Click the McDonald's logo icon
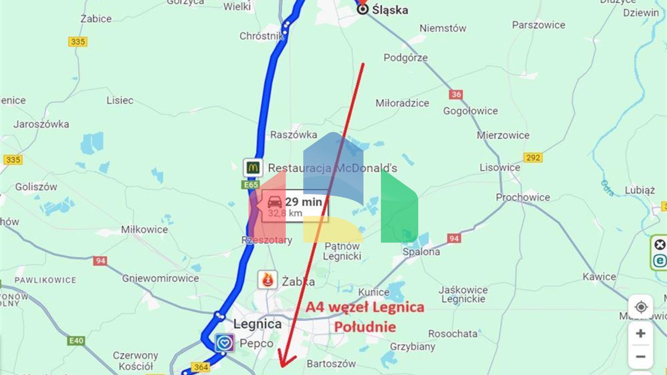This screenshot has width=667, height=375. point(253,168)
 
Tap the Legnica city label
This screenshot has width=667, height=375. point(258,324)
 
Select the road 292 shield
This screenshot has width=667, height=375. point(533,158)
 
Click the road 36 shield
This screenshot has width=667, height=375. point(456,94)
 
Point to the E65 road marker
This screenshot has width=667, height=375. point(251,185)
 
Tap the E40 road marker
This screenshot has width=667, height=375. point(76,341)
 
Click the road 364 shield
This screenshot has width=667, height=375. point(201,367)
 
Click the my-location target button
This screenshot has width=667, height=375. point(641,307)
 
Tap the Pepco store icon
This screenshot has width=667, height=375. point(225,343)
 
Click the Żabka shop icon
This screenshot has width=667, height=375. point(267,280)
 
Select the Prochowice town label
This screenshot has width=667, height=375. point(523,197)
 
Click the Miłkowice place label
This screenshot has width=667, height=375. point(145,230)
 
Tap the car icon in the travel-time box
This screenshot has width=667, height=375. point(274,202)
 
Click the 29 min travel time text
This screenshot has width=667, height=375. point(304,201)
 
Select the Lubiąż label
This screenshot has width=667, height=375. point(640,190)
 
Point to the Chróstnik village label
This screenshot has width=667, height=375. point(261,36)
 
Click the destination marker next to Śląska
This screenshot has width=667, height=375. point(363,9)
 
